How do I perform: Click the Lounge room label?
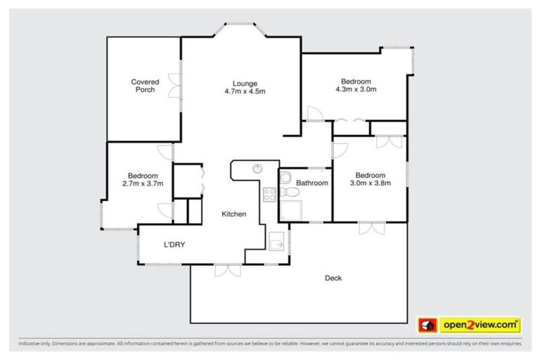(x=244, y=82)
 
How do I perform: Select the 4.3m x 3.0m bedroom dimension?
(x=356, y=89)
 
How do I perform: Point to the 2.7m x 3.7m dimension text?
(x=142, y=184)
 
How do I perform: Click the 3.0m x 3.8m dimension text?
(x=369, y=184)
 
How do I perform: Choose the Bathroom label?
(x=311, y=184)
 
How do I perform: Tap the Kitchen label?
(x=233, y=214)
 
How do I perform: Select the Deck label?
(x=333, y=278)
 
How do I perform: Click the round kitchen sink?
(x=258, y=169)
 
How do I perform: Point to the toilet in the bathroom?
(x=284, y=191)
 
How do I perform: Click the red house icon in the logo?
(x=427, y=325)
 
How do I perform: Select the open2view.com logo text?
(x=480, y=325)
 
